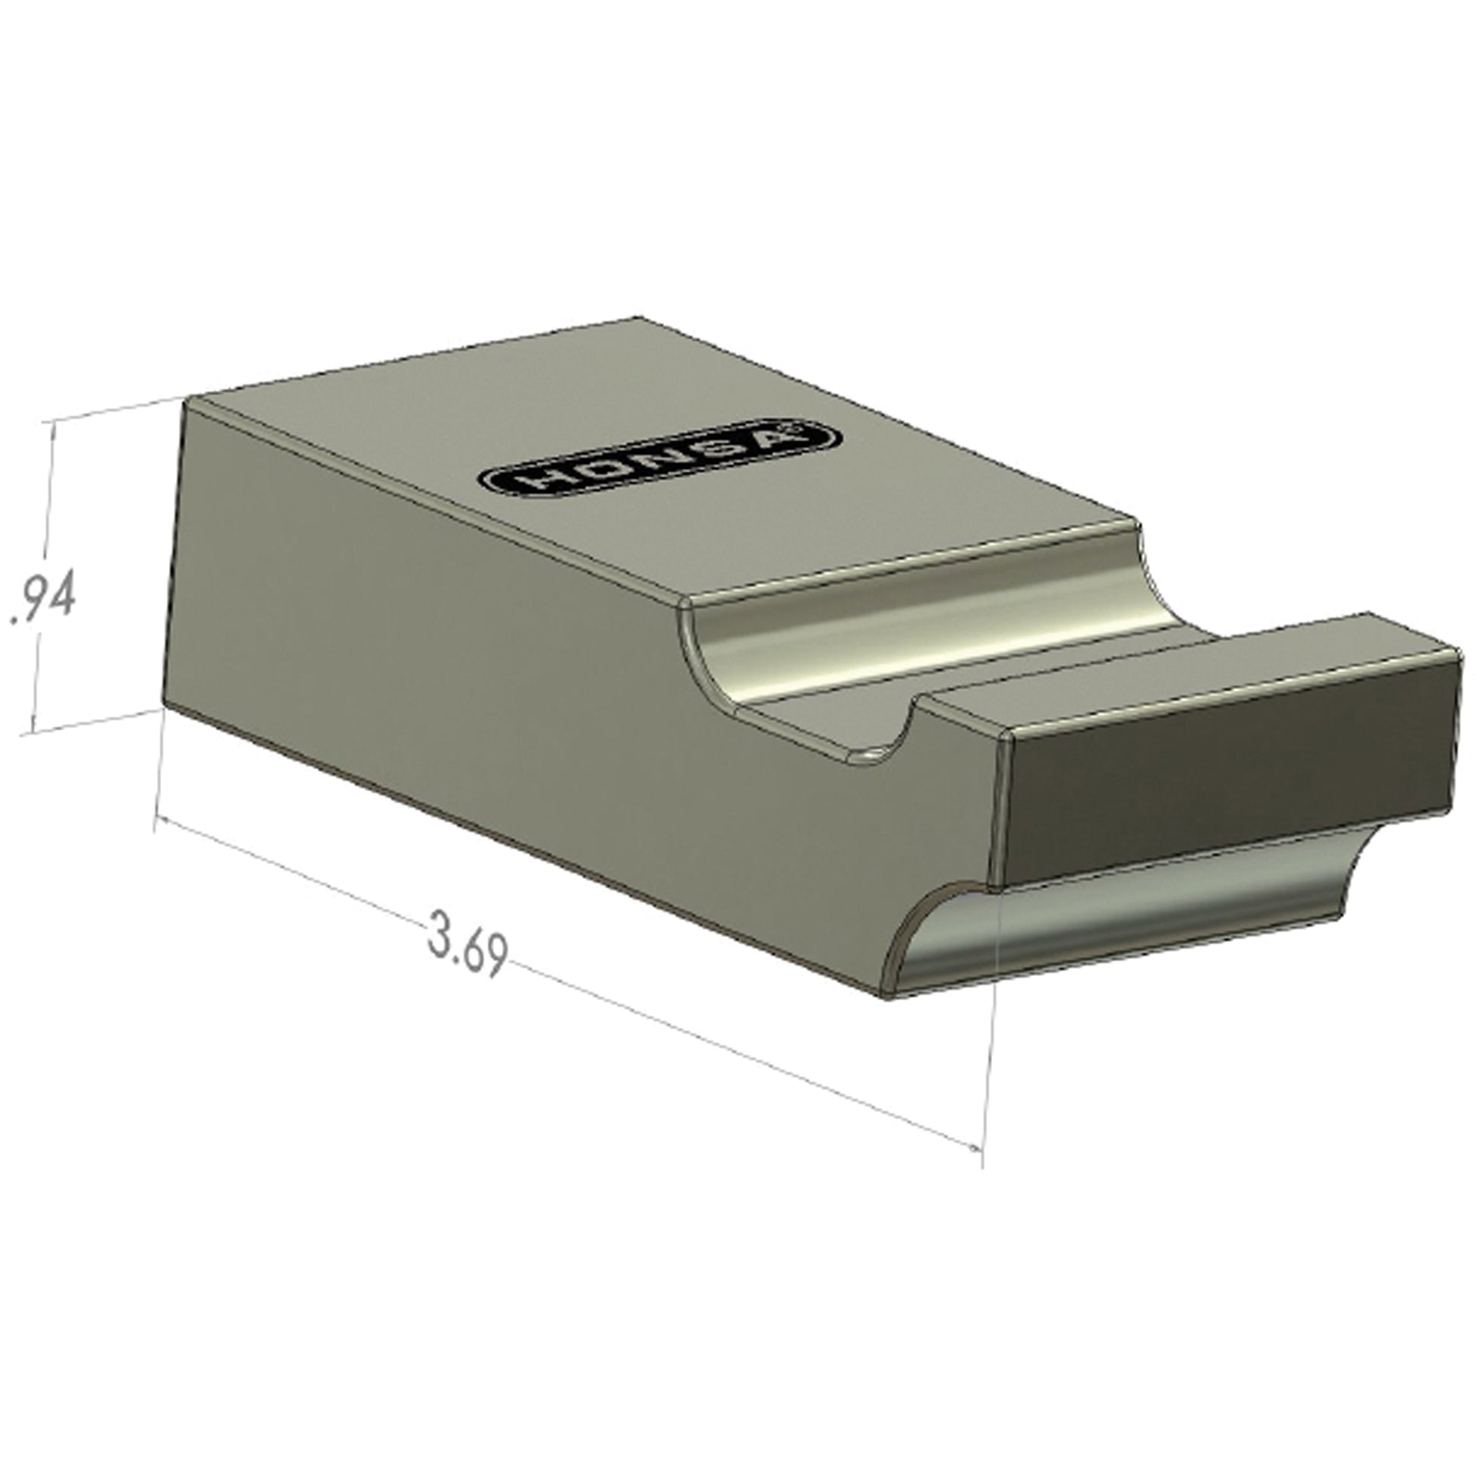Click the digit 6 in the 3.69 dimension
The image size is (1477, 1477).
471,951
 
